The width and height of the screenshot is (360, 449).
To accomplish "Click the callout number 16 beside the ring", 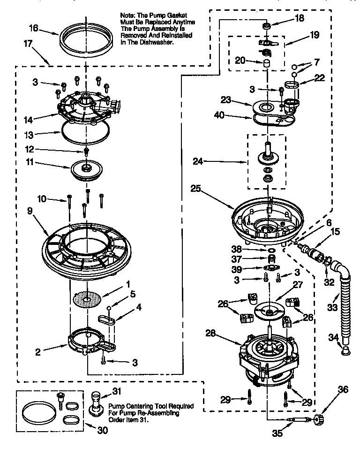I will pyautogui.click(x=33, y=28).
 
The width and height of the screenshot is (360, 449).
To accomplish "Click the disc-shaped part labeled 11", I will pyautogui.click(x=87, y=169).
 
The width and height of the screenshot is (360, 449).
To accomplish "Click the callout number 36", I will pyautogui.click(x=343, y=389).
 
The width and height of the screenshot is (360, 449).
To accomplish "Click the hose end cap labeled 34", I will pyautogui.click(x=346, y=350).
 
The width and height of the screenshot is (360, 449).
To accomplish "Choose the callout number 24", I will pyautogui.click(x=198, y=162).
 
